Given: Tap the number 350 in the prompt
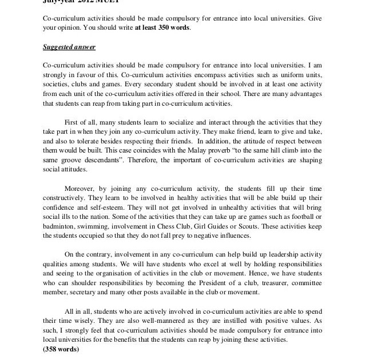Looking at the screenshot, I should (162, 27).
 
